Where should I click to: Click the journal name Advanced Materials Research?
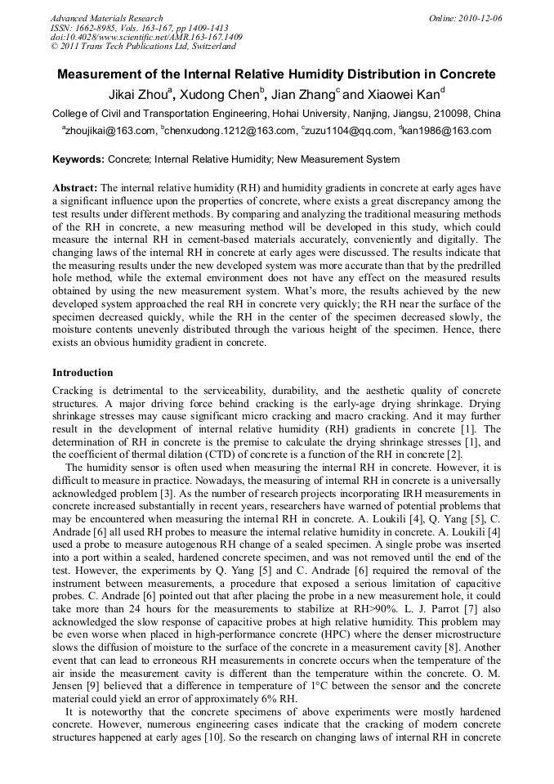coord(106,18)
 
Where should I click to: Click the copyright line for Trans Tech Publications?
coord(143,47)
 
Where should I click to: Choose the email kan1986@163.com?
coord(447,131)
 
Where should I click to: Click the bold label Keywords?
coord(78,159)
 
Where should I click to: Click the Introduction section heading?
coord(83,373)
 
